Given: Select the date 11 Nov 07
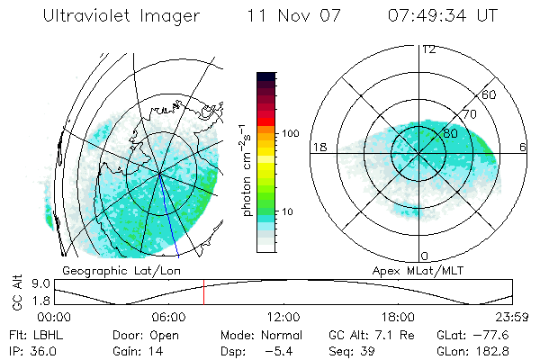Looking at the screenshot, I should point(294,17).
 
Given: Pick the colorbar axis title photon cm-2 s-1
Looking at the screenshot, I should point(247,166).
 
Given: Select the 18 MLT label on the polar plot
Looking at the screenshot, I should point(318,148).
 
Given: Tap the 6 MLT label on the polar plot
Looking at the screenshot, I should point(522,148).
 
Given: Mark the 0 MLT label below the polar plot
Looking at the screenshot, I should point(425,256).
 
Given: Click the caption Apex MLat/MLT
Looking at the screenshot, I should point(413,270).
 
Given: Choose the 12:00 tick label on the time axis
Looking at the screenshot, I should point(283,317).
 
